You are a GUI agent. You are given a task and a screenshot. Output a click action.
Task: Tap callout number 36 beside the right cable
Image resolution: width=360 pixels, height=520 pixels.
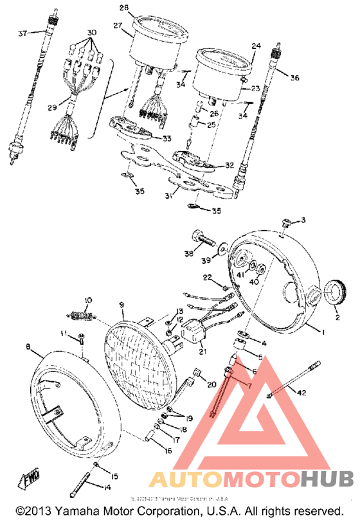tap(294, 78)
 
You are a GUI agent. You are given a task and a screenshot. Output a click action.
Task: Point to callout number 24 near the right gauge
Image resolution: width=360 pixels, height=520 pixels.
tap(256, 46)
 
